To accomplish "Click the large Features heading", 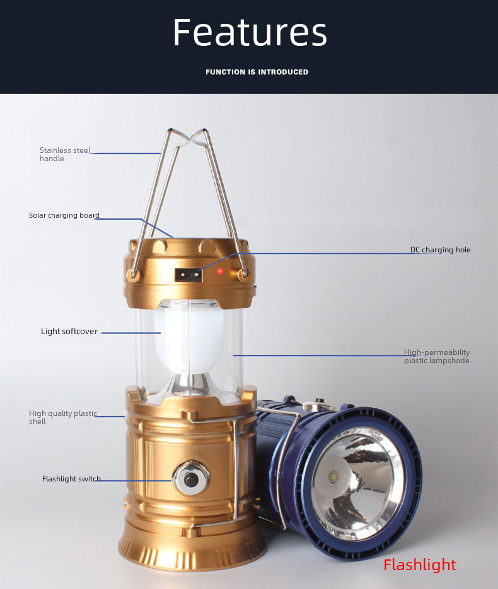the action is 250,32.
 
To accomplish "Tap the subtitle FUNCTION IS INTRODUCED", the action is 257,72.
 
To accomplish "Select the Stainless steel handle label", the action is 65,154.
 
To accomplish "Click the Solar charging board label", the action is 64,215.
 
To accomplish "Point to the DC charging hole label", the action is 441,250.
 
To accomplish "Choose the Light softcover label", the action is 69,331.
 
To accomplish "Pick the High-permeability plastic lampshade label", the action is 437,356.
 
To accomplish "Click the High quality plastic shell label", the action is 63,417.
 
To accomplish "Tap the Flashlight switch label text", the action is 71,478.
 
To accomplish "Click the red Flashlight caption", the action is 420,565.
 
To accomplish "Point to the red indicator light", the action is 220,271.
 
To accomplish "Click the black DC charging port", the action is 188,275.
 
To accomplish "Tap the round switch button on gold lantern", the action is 191,478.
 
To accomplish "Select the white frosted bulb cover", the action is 189,340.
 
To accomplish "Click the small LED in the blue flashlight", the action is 334,478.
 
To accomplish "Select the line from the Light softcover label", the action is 131,333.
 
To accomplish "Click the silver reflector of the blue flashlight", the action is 357,484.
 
